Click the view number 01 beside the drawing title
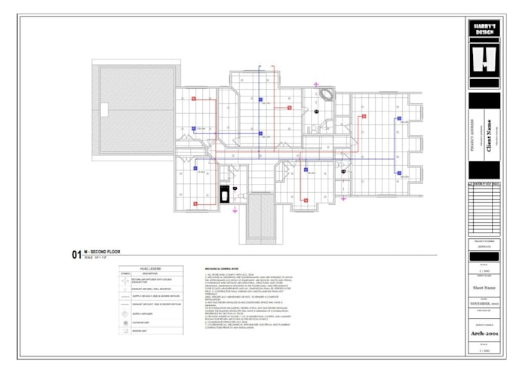76,255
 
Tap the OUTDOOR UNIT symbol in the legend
124,322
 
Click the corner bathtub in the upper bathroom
327,95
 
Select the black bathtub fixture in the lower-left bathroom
224,194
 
